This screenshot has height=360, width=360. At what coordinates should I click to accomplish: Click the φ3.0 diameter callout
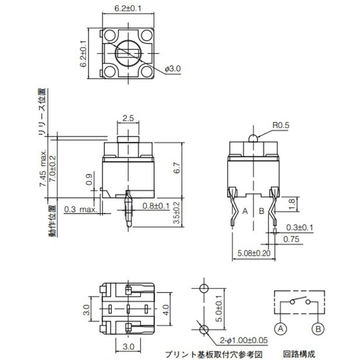(x=173, y=69)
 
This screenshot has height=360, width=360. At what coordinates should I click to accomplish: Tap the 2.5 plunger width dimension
(x=128, y=118)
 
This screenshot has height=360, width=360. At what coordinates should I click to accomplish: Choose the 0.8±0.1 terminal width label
(x=156, y=206)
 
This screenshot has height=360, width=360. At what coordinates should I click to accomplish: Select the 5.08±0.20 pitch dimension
(x=254, y=253)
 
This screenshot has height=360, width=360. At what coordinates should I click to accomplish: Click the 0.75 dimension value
(x=292, y=239)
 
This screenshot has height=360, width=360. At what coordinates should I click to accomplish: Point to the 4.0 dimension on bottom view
(x=165, y=310)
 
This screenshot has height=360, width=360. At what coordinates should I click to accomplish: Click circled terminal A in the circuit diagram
(x=280, y=329)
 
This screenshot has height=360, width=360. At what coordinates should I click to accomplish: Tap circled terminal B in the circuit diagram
(x=318, y=329)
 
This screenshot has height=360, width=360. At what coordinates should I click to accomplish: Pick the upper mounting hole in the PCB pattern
(x=203, y=288)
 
